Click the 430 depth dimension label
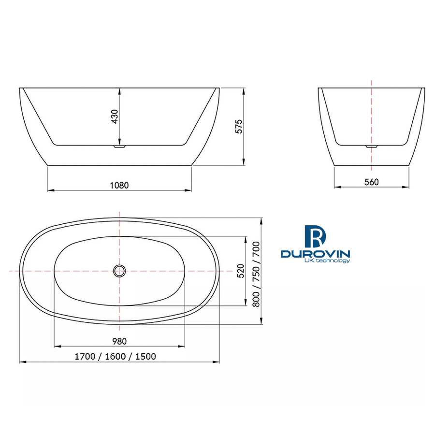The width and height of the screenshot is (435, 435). [x=115, y=116]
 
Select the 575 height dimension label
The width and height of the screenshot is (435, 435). [x=238, y=126]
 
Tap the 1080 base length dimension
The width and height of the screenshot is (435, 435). [x=119, y=185]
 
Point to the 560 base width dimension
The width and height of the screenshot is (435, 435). [x=371, y=182]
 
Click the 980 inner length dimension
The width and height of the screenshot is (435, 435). [x=119, y=341]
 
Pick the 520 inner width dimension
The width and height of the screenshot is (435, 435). [x=240, y=271]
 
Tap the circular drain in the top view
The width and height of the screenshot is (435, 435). [x=119, y=271]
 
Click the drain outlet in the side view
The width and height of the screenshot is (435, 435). [x=119, y=145]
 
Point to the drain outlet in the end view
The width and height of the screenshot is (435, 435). [x=371, y=145]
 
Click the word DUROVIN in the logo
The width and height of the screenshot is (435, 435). [x=315, y=254]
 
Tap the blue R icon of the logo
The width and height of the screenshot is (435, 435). [x=316, y=236]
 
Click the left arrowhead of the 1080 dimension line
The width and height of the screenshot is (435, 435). [x=49, y=190]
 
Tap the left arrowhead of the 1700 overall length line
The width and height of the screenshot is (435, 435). [x=22, y=362]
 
